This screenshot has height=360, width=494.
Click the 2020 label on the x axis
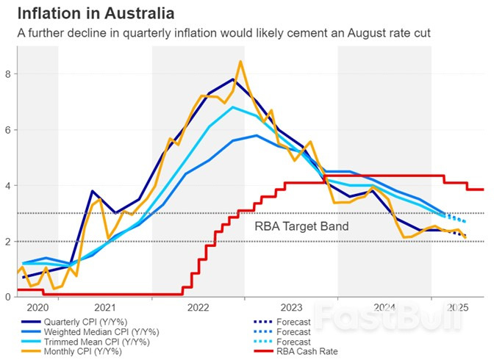pos(37,307)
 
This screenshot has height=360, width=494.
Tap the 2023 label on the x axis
pos(291,307)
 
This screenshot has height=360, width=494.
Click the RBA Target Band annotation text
pos(301,227)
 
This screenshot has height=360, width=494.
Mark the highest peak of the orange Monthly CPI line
pos(240,62)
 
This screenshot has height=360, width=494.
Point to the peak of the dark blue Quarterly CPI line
pos(232,79)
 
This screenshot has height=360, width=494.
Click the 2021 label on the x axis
pos(105,307)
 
